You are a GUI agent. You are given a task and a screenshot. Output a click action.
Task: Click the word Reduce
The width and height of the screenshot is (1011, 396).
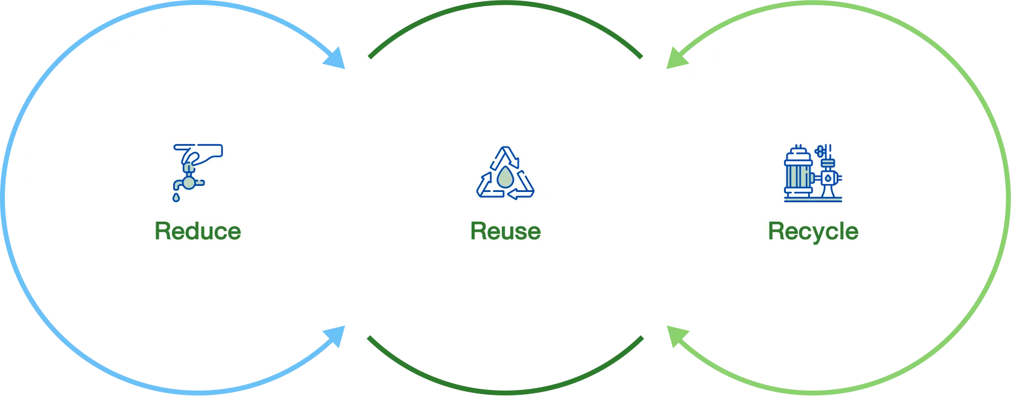click(x=197, y=231)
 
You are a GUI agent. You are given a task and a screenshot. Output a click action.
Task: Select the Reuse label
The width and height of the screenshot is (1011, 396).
click(x=505, y=231)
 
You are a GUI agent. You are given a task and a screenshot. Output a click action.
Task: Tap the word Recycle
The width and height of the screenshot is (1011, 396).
click(x=813, y=232)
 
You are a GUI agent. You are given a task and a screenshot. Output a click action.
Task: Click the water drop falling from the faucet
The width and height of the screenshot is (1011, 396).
click(x=176, y=197)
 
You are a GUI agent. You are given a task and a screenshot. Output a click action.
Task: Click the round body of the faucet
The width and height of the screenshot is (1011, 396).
click(x=189, y=182)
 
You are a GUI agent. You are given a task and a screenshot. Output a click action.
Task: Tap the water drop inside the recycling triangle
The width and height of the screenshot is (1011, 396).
click(x=504, y=177)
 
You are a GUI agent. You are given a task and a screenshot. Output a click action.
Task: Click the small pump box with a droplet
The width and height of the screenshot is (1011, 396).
click(x=828, y=179)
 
